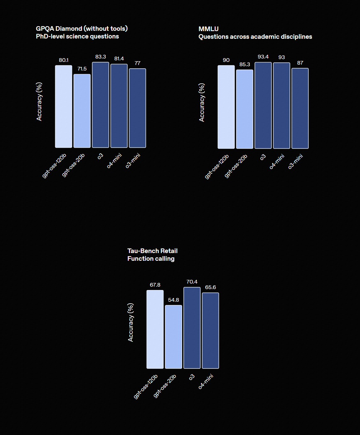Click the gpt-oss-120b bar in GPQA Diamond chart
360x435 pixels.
point(63,107)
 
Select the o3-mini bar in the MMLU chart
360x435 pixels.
point(300,108)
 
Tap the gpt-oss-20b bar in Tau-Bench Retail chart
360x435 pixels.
point(173,337)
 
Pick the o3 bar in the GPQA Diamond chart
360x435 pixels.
point(100,105)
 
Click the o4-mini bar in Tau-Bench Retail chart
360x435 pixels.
point(210,331)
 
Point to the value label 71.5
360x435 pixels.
point(82,69)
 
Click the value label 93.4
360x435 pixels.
point(263,57)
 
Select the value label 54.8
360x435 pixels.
point(173,300)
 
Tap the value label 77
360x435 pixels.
point(137,63)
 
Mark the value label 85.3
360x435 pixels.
point(245,64)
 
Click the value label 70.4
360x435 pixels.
point(192,282)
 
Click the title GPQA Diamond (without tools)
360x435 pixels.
point(82,29)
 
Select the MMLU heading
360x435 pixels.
point(208,29)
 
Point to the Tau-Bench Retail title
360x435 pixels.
point(152,251)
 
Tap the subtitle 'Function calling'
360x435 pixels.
point(151,259)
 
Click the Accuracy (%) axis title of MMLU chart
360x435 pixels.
point(202,103)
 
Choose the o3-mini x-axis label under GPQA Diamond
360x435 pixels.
point(133,161)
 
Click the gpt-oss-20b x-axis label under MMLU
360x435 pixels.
point(236,166)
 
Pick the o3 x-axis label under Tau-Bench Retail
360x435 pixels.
point(192,377)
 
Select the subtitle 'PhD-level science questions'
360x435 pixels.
point(77,36)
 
